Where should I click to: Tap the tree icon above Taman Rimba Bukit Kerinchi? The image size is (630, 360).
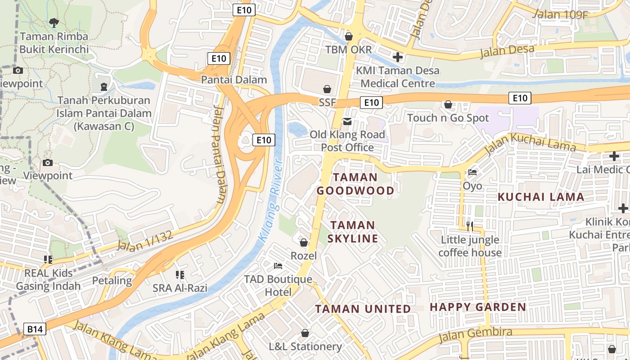click(x=54, y=22)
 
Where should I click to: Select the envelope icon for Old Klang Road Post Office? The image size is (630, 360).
click(x=347, y=121)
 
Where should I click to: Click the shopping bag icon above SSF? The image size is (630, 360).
click(x=327, y=89)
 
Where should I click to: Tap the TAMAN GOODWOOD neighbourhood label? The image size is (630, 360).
click(x=355, y=184)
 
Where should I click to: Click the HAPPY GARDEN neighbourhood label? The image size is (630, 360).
click(x=478, y=307)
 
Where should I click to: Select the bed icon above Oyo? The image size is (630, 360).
click(x=472, y=172)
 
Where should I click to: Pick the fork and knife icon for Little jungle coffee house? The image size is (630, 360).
click(x=470, y=225)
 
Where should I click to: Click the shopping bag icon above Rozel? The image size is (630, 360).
click(x=304, y=243)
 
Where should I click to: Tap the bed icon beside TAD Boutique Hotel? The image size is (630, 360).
click(x=278, y=266)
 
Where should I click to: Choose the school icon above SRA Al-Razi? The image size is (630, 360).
click(x=180, y=274)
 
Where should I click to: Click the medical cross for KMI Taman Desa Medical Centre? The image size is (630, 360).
click(x=397, y=57)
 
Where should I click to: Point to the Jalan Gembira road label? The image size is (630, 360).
click(x=476, y=333)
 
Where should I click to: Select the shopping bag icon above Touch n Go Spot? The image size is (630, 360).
click(x=448, y=104)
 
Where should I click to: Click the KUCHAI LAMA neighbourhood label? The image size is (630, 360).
click(x=541, y=197)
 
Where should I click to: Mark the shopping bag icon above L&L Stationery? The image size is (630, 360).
click(x=305, y=333)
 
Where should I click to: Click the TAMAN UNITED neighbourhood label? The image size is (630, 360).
click(x=363, y=309)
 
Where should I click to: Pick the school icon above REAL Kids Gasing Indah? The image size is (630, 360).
click(x=48, y=259)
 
